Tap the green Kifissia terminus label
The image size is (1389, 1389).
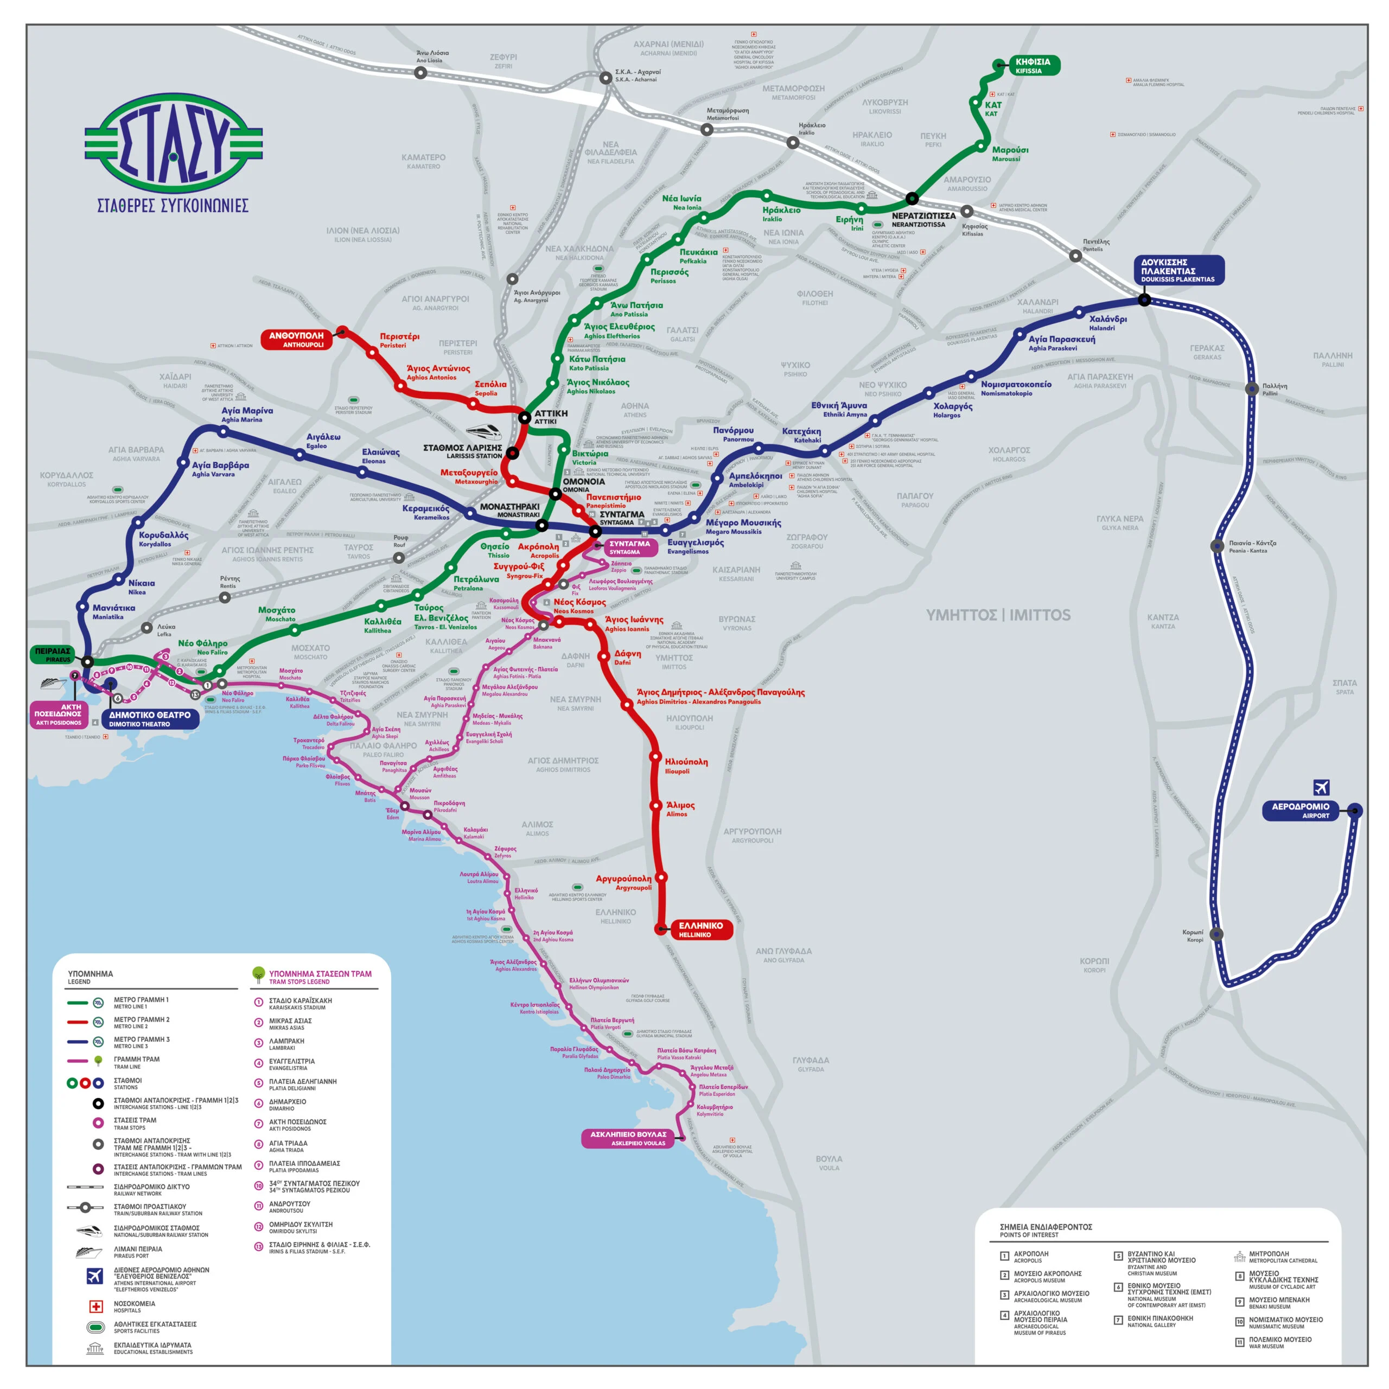pos(1033,66)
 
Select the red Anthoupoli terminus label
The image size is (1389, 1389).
pos(297,339)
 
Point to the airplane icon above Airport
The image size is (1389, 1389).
pos(1321,787)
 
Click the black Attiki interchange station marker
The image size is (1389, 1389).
pos(525,417)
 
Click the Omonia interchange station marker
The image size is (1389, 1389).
pos(555,493)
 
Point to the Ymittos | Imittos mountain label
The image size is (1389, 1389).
pos(998,615)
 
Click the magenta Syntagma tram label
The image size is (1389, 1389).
pos(630,547)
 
